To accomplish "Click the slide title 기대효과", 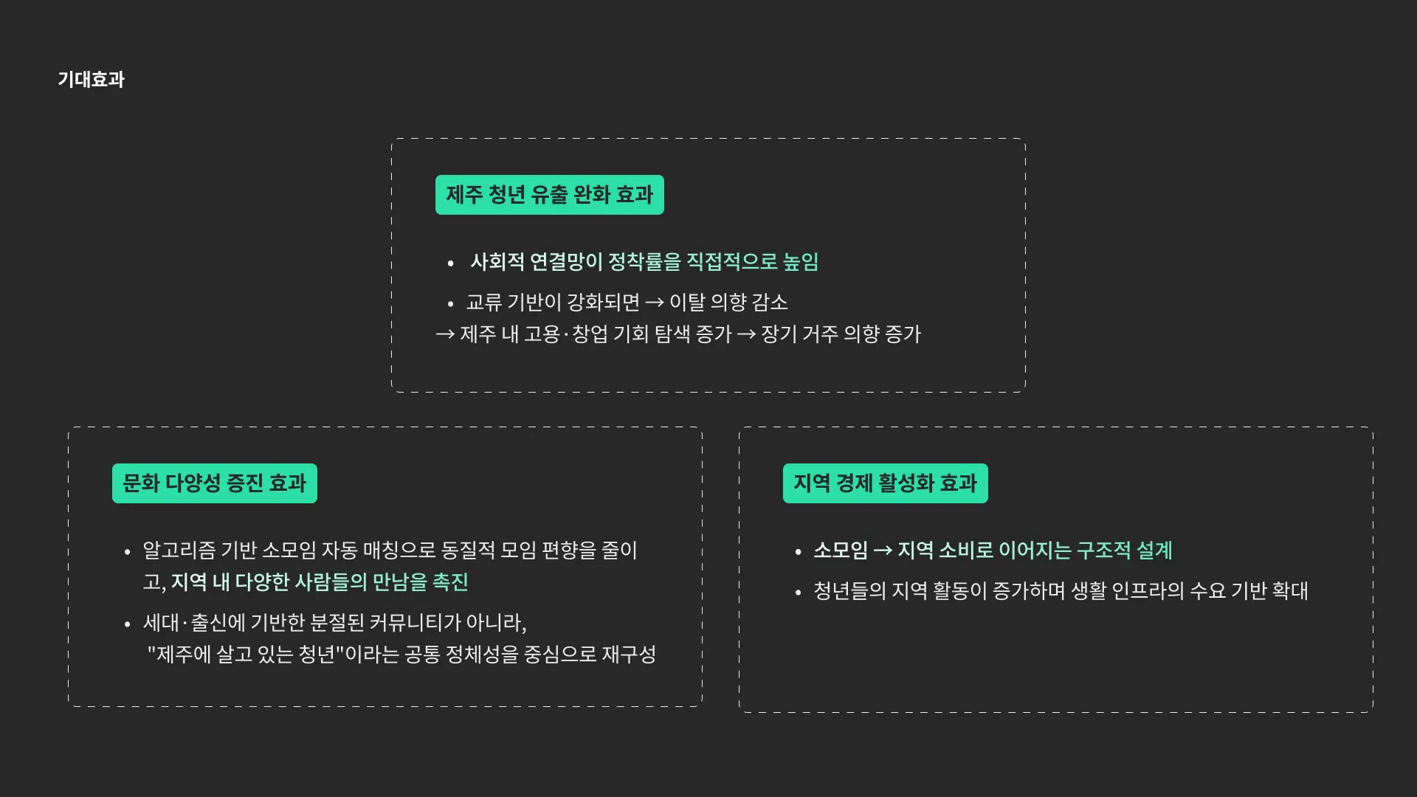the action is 92,80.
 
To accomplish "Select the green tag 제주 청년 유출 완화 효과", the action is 549,195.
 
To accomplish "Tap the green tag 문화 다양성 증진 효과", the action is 214,483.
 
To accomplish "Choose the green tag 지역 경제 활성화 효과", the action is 885,483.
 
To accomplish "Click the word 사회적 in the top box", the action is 497,262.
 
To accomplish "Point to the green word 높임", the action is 801,262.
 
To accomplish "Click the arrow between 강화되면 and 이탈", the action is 655,303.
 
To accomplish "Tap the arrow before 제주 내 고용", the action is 445,334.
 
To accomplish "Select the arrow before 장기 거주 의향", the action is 746,334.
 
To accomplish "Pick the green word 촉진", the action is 450,582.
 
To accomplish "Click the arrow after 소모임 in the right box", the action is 883,551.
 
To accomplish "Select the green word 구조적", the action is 1103,551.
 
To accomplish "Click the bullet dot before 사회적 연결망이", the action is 450,263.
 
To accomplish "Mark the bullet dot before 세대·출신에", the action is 127,624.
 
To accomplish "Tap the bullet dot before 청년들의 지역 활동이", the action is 798,593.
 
